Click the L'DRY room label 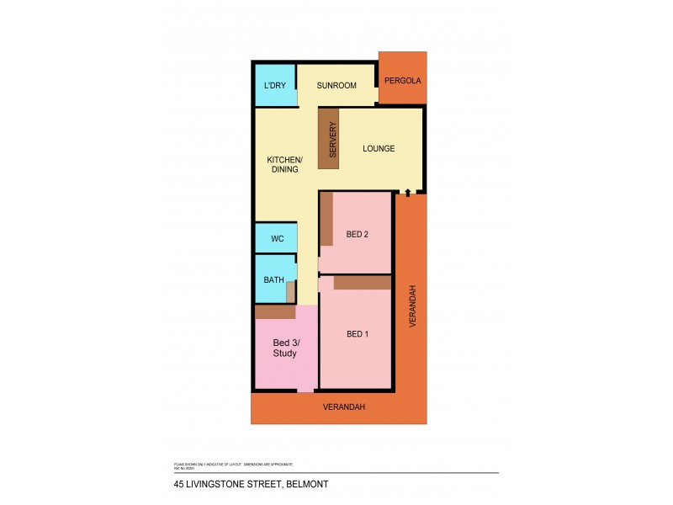click(274, 86)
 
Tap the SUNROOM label click(336, 86)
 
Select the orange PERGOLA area click(402, 81)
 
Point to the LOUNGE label click(379, 149)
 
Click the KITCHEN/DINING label click(284, 164)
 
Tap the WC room click(277, 238)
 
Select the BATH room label click(273, 279)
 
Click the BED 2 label click(358, 234)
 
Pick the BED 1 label click(358, 334)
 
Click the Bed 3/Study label click(285, 348)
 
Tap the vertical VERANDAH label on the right click(412, 306)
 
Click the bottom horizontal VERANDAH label click(345, 407)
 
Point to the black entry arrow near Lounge click(407, 193)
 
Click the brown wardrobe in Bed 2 click(326, 220)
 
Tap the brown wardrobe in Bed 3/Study click(275, 312)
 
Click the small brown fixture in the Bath click(291, 292)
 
